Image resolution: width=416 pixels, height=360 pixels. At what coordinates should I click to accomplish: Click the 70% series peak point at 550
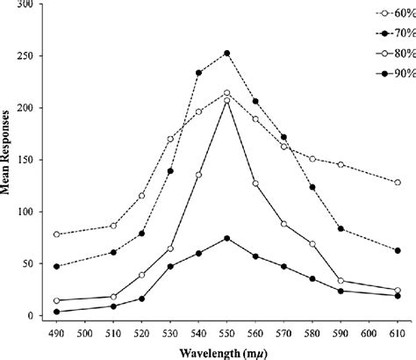[227, 53]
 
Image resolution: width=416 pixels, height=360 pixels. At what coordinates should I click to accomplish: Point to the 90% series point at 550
[227, 238]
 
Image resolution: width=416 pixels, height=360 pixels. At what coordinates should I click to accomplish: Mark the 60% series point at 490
[58, 234]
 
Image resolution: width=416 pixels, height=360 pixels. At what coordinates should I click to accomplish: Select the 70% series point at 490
[58, 266]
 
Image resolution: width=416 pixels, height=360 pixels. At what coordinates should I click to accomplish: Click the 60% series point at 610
[398, 182]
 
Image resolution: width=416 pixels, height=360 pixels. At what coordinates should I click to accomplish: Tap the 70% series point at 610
[398, 250]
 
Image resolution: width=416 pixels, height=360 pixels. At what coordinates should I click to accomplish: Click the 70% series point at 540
[199, 73]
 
